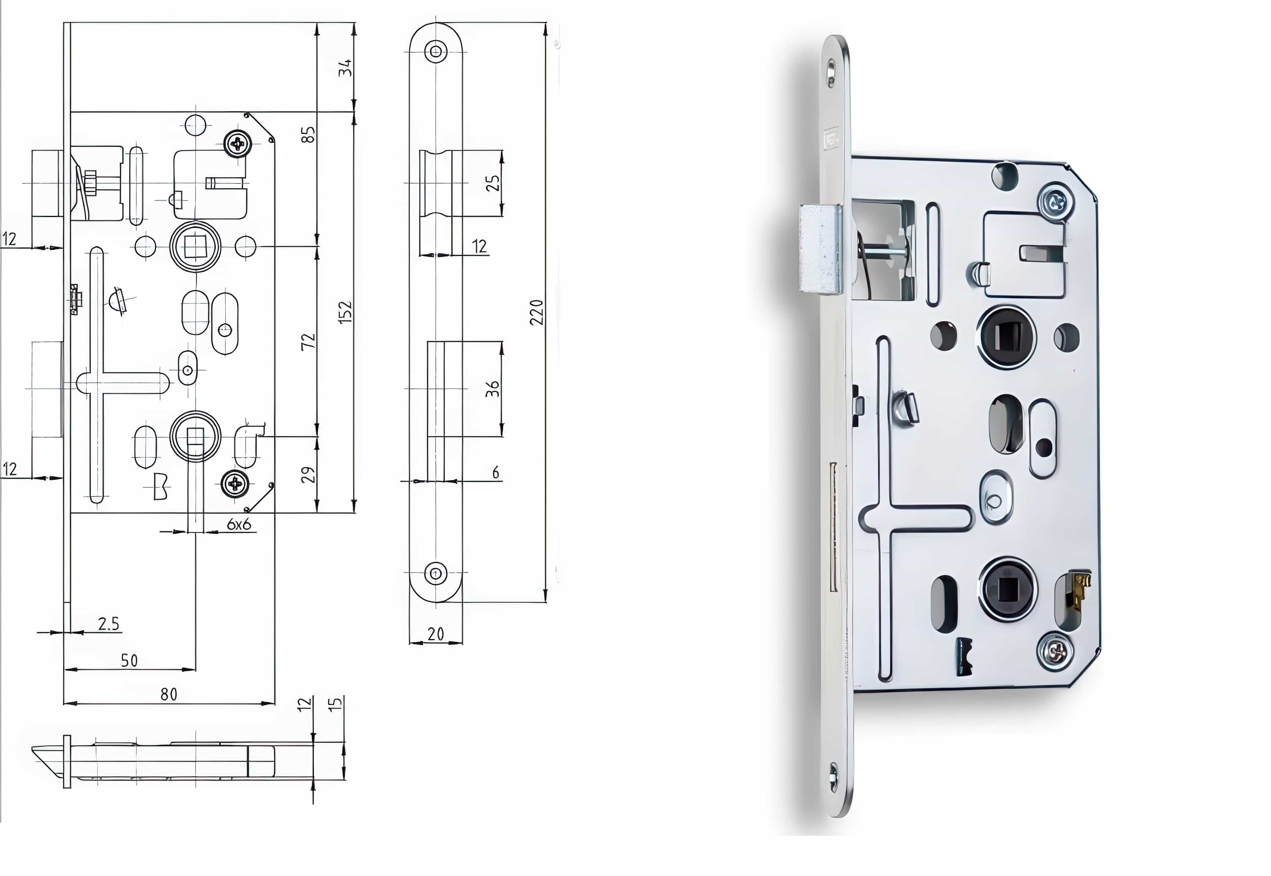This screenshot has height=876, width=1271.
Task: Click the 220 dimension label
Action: point(536,312)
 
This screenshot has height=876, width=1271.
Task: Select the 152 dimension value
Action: point(345,312)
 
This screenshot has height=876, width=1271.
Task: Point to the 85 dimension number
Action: point(308,134)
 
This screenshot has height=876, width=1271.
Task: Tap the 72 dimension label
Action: point(308,341)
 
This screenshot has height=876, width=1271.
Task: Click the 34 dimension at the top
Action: point(345,68)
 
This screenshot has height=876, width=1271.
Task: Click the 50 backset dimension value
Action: point(129,660)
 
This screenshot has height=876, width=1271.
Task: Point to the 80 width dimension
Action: point(169,694)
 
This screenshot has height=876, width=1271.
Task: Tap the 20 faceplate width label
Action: point(436,634)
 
